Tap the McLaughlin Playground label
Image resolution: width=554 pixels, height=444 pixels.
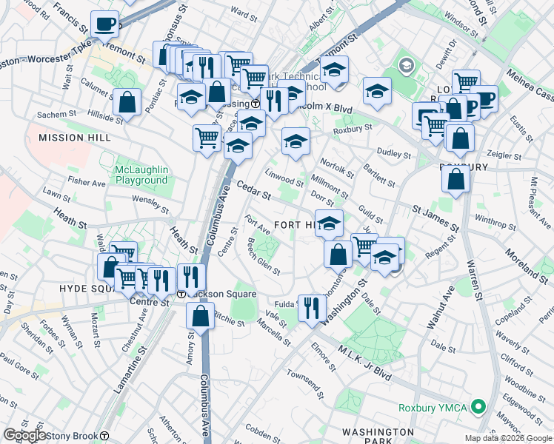(141, 175)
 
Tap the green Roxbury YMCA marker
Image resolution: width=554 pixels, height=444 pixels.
(478, 406)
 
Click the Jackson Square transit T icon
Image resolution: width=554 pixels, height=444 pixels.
(181, 293)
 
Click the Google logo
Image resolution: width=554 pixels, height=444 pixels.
(24, 435)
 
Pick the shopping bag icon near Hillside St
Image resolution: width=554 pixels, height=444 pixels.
(127, 103)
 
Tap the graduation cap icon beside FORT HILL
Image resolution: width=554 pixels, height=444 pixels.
(330, 222)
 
